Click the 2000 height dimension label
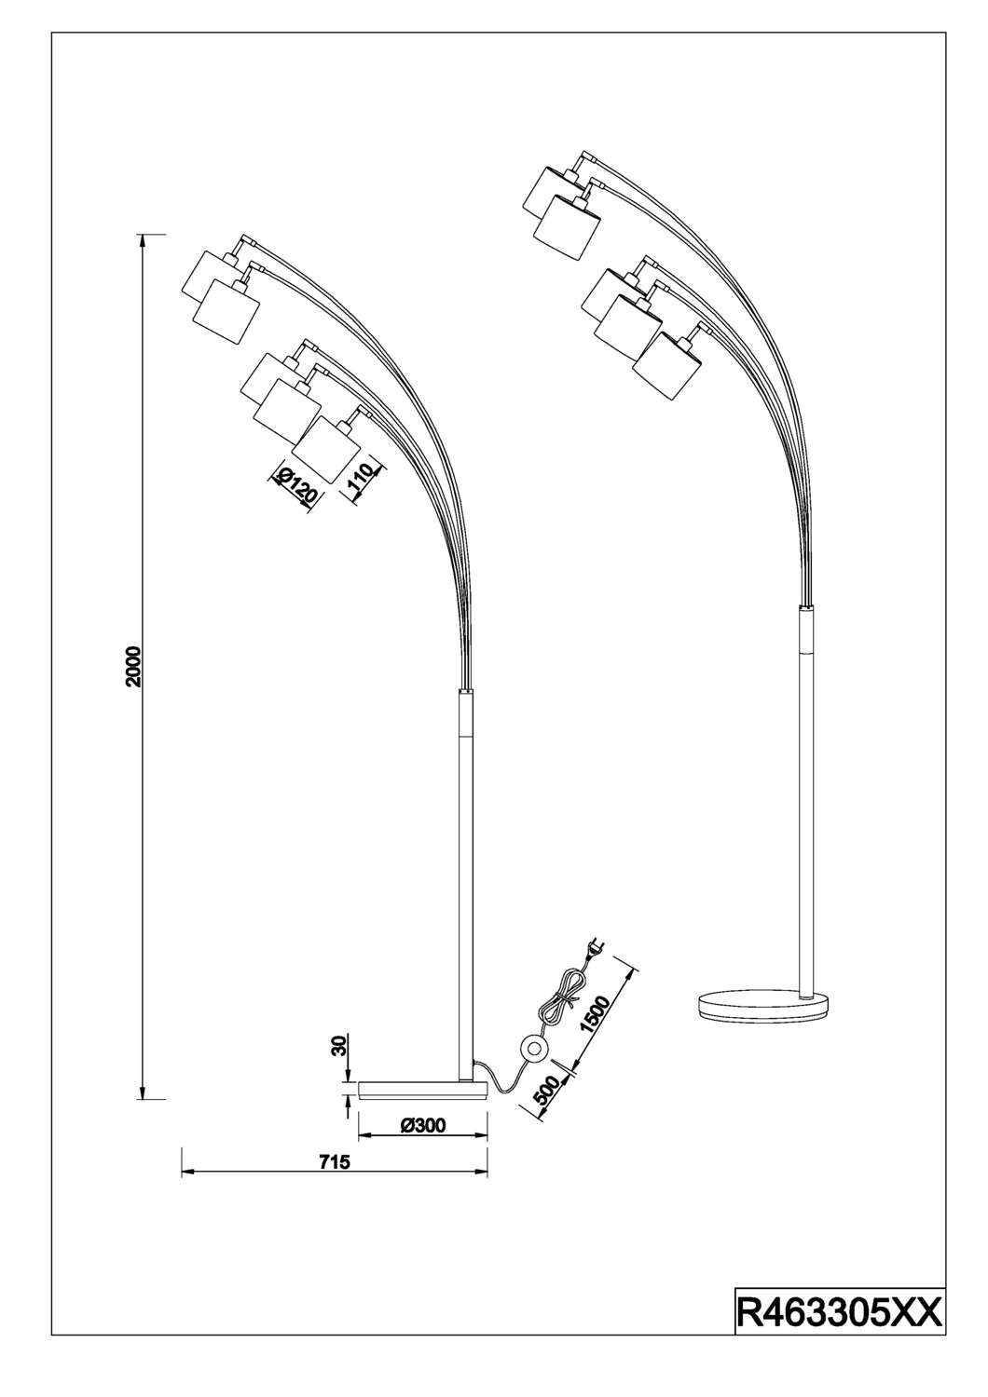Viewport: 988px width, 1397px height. coord(134,666)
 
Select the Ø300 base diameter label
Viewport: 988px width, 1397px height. coord(423,1125)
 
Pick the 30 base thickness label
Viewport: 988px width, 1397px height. coord(339,1047)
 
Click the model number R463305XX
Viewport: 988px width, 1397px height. coord(839,1311)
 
